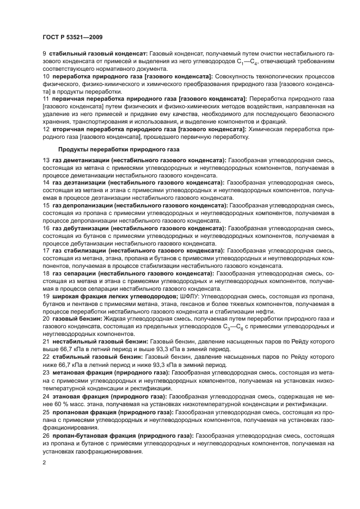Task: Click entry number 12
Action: [46, 130]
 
